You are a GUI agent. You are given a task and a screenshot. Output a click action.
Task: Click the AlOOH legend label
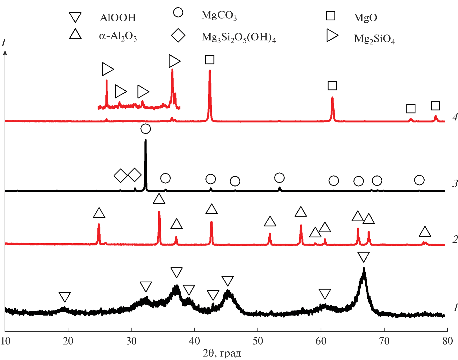pos(118,18)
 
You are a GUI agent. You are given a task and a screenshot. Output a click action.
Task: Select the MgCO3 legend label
pos(219,16)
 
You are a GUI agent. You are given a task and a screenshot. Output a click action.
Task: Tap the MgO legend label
pos(365,18)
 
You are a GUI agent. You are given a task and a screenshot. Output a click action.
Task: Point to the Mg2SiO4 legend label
pos(374,39)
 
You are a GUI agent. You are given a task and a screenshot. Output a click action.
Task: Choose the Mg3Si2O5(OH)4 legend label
pos(239,37)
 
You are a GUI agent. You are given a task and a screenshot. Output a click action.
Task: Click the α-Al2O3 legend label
pos(118,36)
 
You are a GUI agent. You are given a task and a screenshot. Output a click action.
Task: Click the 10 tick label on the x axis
pos(5,341)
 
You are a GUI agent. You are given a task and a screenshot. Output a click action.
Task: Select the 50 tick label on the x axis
pos(258,341)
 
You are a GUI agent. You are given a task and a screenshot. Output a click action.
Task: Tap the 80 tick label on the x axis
pos(447,341)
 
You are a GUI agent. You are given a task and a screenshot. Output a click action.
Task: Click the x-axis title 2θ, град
pos(222,353)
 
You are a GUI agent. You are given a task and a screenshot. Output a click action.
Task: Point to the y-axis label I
pos(3,43)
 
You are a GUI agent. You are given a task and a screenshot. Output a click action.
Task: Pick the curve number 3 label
pos(455,184)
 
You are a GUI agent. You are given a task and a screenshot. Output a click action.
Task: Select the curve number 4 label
pos(455,117)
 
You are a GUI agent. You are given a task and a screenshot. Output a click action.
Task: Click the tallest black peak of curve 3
pos(145,140)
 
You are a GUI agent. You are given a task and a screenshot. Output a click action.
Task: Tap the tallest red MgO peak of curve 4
pos(210,71)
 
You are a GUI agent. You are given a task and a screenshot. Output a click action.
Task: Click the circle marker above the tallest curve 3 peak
pos(145,129)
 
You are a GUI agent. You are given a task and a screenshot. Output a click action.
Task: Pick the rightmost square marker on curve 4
pos(436,106)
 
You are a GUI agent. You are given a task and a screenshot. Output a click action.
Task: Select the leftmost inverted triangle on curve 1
pos(65,297)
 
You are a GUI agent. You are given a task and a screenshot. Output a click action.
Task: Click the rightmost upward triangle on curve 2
pos(425,232)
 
